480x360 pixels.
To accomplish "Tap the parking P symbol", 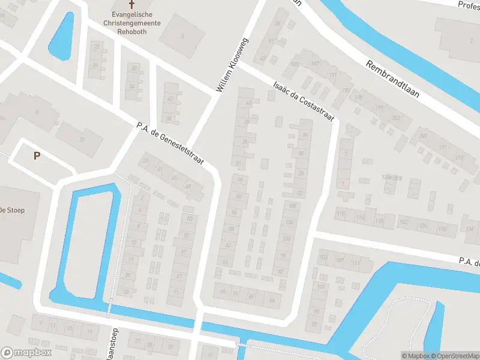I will point(37,156).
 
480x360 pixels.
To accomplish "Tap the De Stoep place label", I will point(11,210).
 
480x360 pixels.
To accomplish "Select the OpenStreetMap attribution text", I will point(453,356).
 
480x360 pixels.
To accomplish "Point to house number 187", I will point(316,64).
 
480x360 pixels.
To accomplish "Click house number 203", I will point(395,118).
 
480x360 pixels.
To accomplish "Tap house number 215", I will point(459,158).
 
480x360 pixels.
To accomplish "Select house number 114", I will point(360,217).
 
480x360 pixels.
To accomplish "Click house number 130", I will point(442,229).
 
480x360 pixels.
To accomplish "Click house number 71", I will point(176,292).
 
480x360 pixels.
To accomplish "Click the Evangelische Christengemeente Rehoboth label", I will point(131,20).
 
